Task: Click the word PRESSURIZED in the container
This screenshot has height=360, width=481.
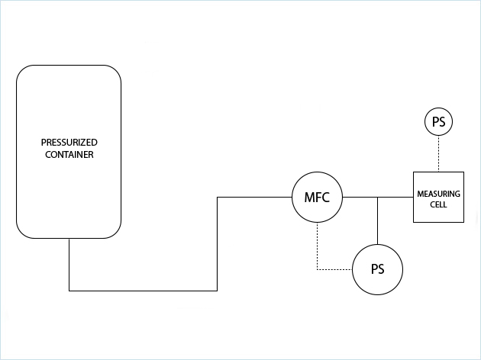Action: (69, 143)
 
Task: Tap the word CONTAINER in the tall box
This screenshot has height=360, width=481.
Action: (69, 154)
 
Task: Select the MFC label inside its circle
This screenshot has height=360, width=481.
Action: (317, 198)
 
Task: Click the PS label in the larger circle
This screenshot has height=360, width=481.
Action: (377, 270)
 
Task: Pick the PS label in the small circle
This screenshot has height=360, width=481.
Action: (438, 122)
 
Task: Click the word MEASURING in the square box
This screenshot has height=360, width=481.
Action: (438, 194)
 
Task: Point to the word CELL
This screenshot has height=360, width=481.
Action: (438, 205)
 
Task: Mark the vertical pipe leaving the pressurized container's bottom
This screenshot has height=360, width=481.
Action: (69, 264)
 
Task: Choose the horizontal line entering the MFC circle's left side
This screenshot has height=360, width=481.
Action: (255, 198)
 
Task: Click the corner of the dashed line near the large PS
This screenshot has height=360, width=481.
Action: (317, 270)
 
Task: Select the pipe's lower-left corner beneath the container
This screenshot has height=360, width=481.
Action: (69, 291)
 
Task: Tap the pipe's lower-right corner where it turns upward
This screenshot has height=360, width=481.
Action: (218, 291)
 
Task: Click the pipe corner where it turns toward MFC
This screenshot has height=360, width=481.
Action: (218, 198)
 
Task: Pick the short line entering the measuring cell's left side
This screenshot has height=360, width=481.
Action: (397, 198)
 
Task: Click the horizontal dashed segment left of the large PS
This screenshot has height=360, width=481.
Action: (334, 270)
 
